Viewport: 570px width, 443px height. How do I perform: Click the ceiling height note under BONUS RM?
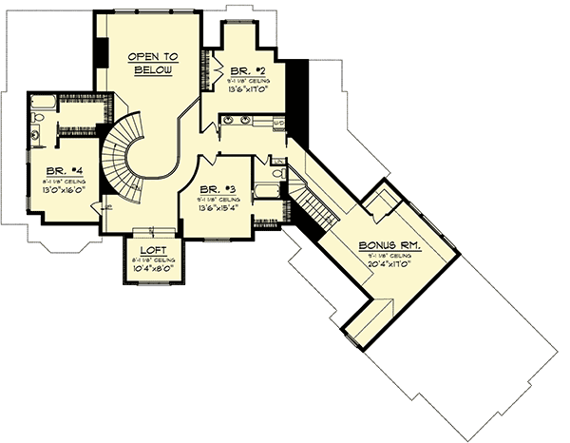coord(392,255)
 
